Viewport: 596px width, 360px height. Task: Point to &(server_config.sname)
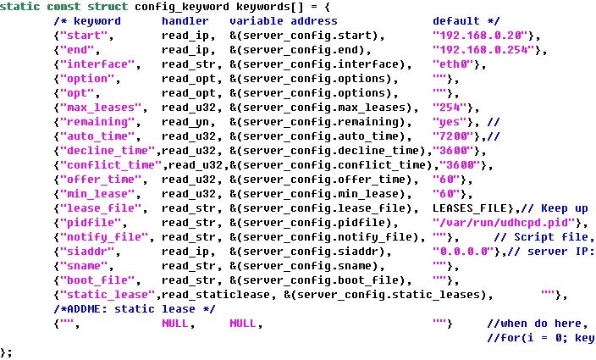pos(309,266)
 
